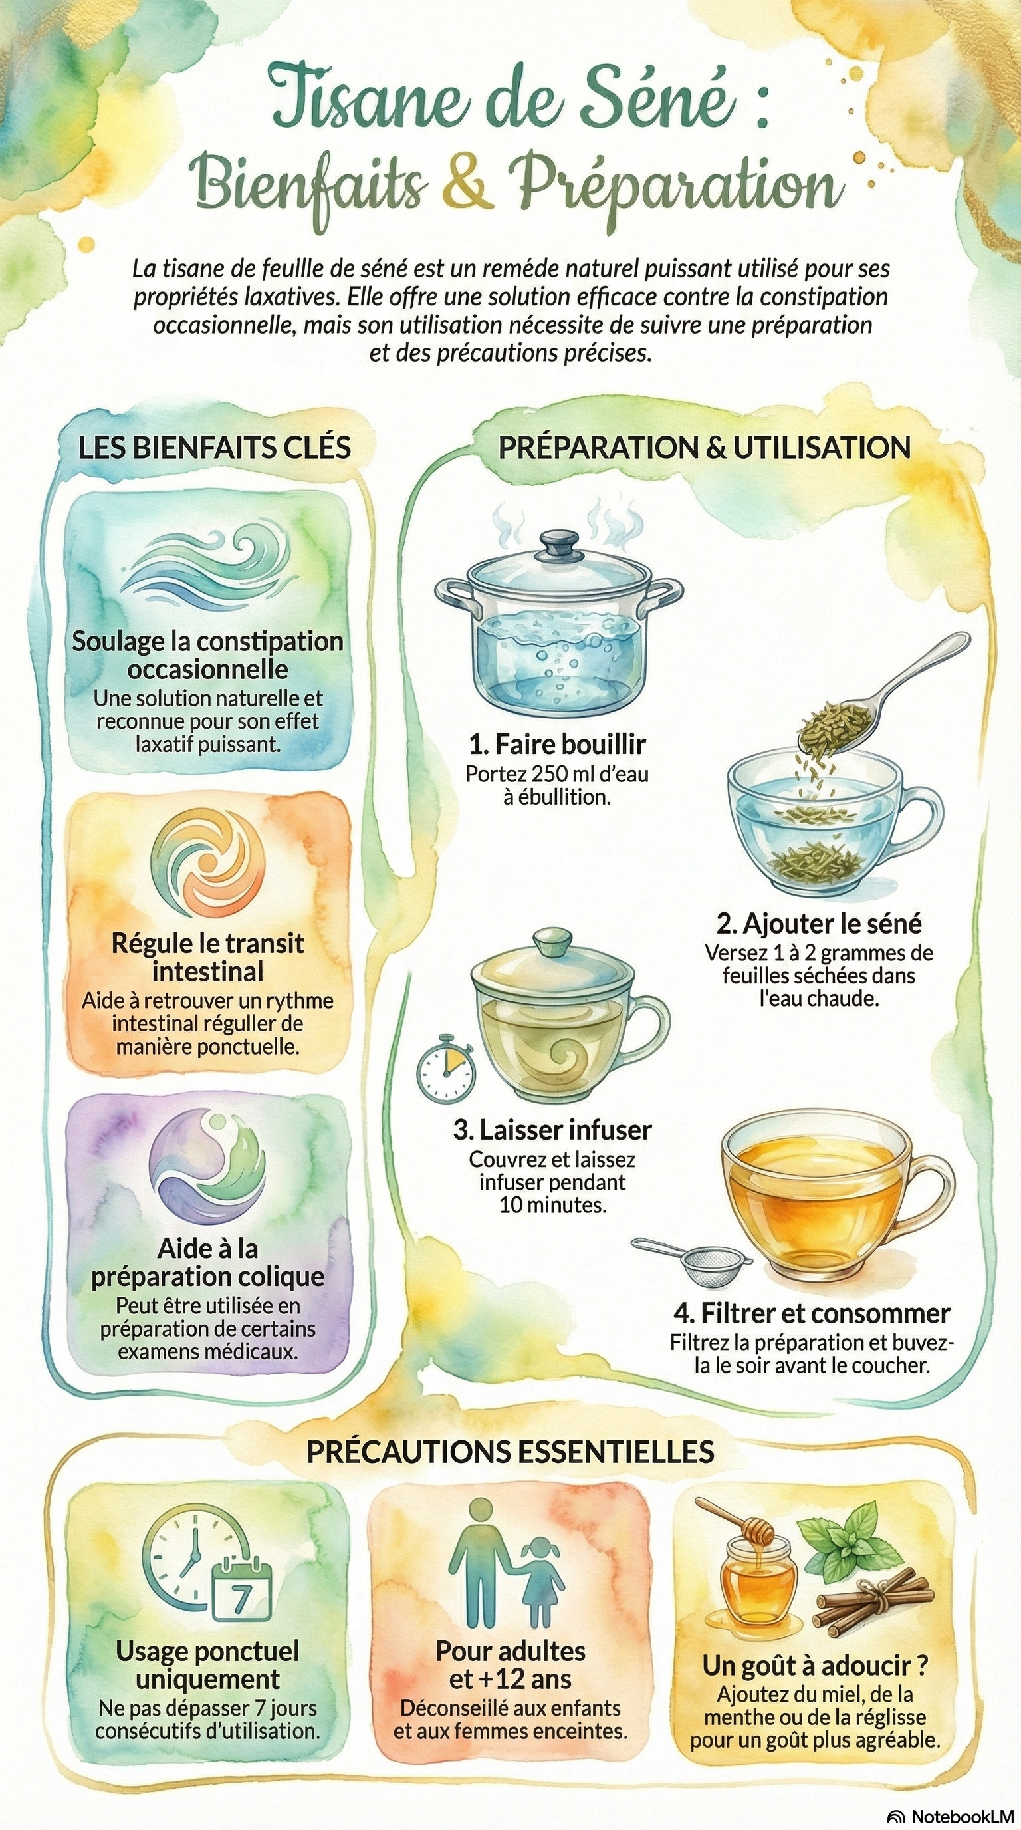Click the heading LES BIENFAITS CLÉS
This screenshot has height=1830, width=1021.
215,448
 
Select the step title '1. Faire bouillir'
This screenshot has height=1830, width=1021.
557,745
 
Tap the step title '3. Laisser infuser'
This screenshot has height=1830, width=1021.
552,1130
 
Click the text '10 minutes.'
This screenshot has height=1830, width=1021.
553,1205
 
